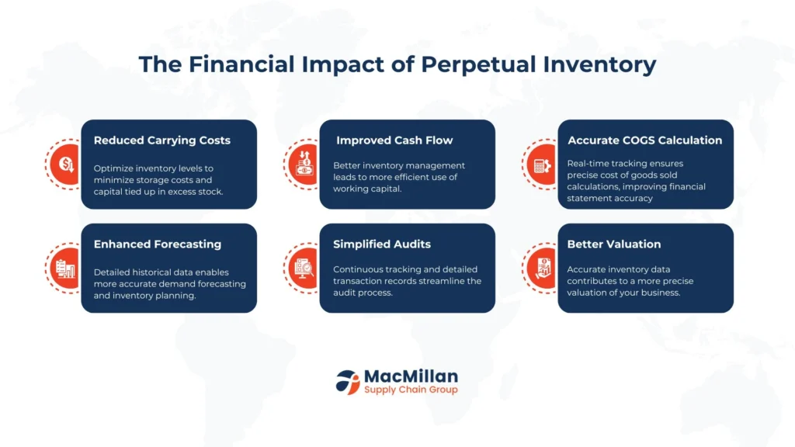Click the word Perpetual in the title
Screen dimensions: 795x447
[478, 65]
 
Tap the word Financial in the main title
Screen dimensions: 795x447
[241, 64]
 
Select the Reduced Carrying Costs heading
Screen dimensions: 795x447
[161, 140]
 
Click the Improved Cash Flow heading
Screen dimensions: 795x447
[394, 140]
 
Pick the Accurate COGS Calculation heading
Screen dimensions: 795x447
[644, 140]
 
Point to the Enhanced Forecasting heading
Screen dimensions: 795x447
[157, 244]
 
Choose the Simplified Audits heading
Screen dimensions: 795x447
[382, 244]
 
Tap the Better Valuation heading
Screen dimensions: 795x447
[613, 244]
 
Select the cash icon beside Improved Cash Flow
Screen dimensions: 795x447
[304, 163]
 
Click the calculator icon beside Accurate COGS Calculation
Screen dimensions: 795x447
[542, 165]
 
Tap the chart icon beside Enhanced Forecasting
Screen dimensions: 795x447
[65, 269]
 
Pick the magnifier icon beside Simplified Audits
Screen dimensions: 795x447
[304, 268]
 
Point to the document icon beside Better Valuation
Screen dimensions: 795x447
[543, 268]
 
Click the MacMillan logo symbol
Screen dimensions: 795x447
[347, 382]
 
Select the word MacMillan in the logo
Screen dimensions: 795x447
[411, 376]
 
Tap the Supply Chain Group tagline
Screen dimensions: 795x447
[411, 390]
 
